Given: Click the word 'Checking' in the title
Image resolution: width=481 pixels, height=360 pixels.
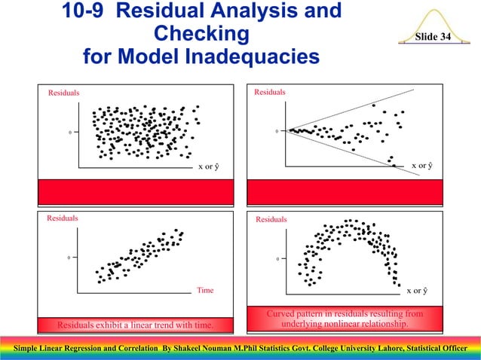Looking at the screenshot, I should tap(201, 34).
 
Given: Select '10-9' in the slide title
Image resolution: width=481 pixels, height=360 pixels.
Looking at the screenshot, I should tap(85, 11).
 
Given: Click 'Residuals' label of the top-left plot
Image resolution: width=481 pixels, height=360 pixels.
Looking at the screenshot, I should tap(64, 93).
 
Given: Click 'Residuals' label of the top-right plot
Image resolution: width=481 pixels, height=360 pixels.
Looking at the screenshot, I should tap(270, 93).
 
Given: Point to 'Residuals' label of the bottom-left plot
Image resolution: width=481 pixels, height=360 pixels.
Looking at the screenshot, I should tap(63, 218).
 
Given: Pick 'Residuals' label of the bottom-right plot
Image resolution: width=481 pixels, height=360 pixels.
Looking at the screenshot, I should tap(271, 220).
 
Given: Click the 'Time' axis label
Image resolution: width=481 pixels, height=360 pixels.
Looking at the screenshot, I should tap(206, 290).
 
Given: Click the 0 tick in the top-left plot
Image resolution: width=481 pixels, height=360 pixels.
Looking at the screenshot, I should tap(70, 133).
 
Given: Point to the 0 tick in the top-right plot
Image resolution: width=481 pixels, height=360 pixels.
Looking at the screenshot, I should tap(276, 132).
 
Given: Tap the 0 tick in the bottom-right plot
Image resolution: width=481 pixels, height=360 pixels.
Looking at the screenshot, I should tap(276, 260).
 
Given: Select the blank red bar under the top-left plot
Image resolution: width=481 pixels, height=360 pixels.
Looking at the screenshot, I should tap(136, 191).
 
